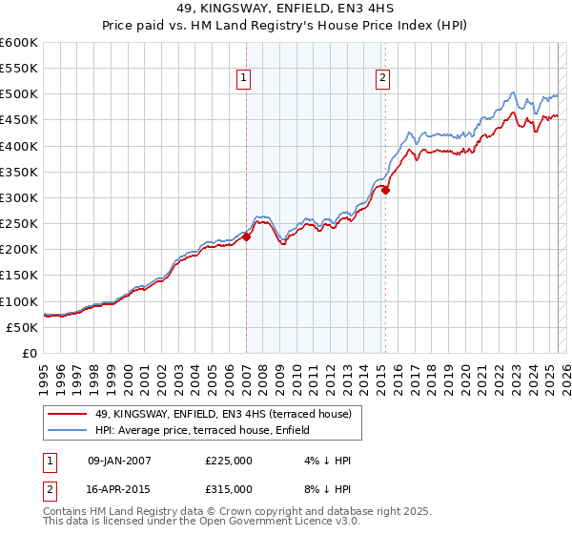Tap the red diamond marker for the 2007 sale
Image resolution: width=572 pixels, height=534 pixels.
[x=246, y=237]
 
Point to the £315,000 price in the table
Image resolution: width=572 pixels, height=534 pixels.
[x=228, y=489]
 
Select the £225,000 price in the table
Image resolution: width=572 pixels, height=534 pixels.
[x=228, y=461]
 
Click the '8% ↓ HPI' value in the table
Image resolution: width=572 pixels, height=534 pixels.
[x=321, y=489]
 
